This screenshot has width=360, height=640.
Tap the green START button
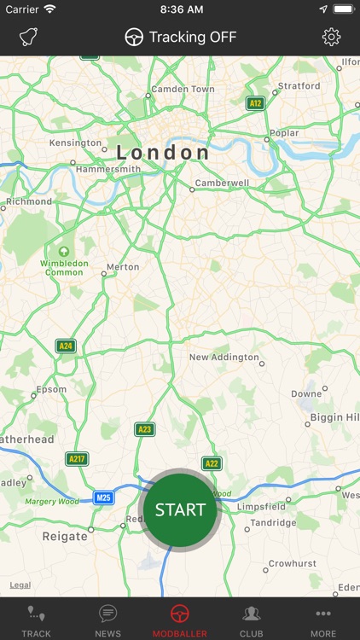pos(180,509)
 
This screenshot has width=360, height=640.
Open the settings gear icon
pos(331,37)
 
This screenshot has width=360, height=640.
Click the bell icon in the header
pos(30,38)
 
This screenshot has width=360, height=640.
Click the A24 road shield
pos(66,346)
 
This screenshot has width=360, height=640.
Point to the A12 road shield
pos(254,103)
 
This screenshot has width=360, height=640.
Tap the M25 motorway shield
pos(103,497)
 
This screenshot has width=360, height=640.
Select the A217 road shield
pos(78,458)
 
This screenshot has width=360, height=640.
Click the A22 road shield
pos(211,463)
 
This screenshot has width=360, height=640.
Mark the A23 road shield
pos(145,429)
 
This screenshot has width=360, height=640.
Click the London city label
pos(163,153)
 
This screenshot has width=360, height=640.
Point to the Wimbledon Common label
pos(64,268)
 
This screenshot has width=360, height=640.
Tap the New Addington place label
pos(224,357)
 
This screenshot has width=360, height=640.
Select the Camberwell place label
pos(222,183)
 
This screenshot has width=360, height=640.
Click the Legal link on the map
pos(20,585)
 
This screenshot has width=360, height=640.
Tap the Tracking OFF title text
pos(192,37)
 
